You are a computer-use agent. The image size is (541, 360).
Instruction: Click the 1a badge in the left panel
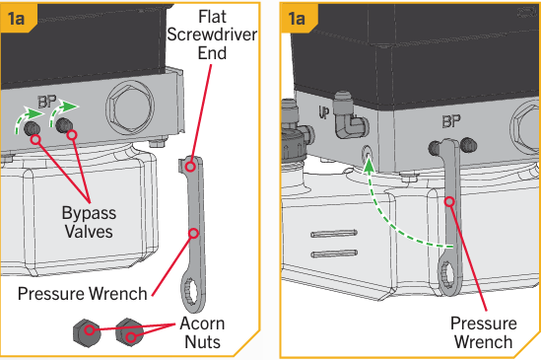tap(17, 18)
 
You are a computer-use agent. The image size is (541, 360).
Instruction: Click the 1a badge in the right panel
tap(297, 18)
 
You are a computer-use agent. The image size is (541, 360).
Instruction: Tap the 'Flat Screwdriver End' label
tap(212, 35)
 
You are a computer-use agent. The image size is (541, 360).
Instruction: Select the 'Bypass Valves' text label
tap(89, 222)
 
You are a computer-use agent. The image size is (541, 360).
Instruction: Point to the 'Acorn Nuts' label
tap(203, 332)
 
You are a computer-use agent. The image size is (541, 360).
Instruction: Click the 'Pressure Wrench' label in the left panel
tap(83, 294)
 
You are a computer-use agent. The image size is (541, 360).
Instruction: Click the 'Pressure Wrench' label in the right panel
tap(484, 332)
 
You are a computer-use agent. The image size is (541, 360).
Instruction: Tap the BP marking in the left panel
tap(47, 102)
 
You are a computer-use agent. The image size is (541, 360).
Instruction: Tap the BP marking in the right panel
tap(451, 121)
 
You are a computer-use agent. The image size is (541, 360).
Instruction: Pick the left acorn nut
tap(87, 333)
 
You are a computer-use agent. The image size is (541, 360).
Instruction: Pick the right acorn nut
tap(129, 332)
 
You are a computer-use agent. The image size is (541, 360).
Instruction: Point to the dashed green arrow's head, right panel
tap(370, 165)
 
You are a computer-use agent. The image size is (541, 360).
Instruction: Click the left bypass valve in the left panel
tap(33, 129)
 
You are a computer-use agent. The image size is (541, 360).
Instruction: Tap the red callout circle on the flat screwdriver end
tap(190, 167)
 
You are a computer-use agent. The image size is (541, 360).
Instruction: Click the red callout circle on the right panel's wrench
tap(449, 201)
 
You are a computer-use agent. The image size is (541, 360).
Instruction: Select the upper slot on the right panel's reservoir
tap(334, 233)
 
